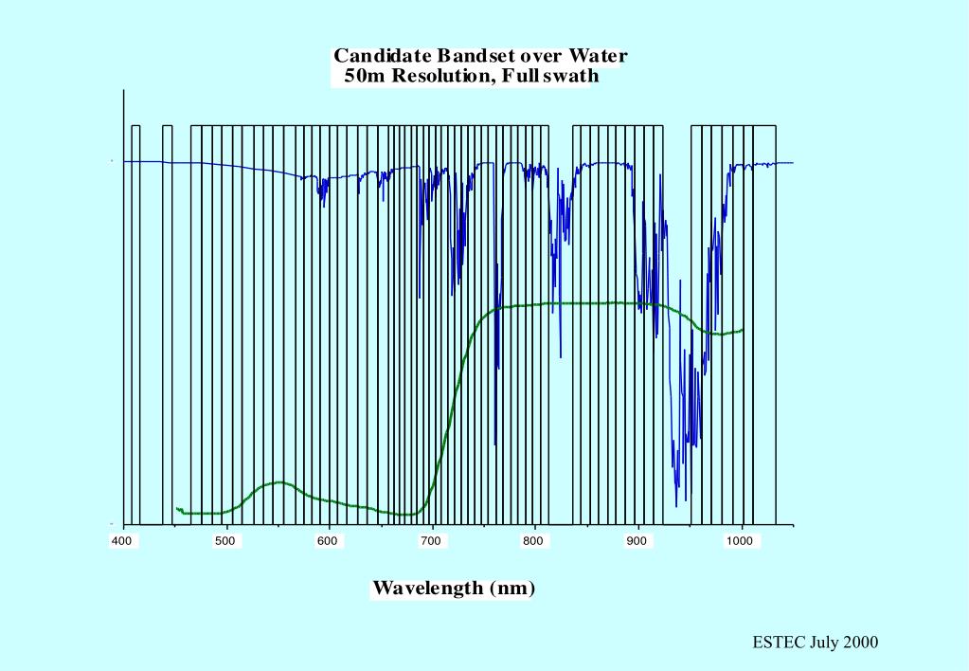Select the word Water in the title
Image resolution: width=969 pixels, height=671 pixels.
(x=598, y=56)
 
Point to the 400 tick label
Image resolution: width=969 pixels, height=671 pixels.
(x=122, y=541)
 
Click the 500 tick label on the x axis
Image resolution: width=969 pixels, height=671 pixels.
(x=225, y=541)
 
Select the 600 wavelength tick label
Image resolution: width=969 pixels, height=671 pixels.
(x=328, y=541)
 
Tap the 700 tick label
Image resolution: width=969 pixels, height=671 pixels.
(x=432, y=541)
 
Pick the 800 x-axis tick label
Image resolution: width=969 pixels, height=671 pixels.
(x=534, y=541)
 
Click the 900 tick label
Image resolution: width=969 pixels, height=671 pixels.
(x=637, y=541)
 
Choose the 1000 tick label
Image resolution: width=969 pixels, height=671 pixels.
(x=740, y=541)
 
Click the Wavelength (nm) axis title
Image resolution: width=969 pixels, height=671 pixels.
(x=454, y=588)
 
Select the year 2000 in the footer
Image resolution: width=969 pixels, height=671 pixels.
(x=860, y=643)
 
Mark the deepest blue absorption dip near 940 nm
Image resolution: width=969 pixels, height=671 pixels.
(x=676, y=502)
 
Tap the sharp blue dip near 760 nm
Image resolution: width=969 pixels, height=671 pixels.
(x=495, y=442)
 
